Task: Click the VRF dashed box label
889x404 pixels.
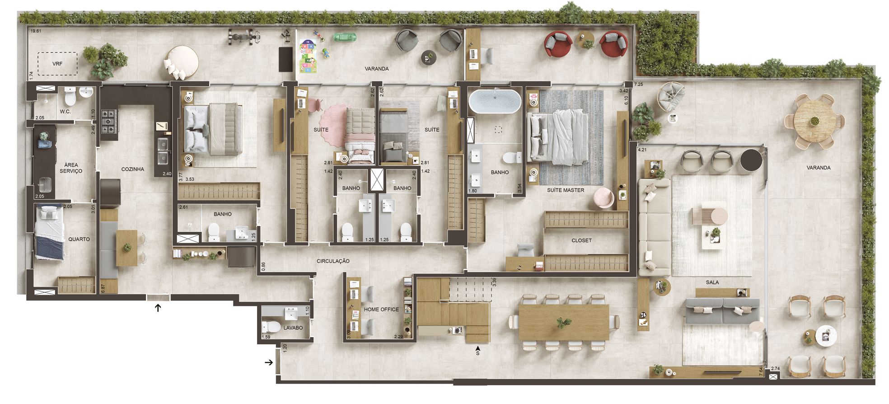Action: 57,64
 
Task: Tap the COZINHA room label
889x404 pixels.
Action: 133,169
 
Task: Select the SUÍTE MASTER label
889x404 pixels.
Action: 566,190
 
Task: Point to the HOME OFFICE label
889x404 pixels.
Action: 381,310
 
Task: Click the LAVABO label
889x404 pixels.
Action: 293,328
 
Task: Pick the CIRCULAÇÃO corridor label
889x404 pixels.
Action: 333,261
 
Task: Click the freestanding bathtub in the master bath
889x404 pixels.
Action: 495,101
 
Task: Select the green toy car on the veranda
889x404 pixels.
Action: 346,37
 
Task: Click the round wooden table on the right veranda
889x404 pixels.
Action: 814,121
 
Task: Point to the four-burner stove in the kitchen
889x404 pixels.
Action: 109,121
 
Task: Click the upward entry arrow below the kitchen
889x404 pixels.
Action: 158,308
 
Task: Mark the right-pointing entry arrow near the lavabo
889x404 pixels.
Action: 269,362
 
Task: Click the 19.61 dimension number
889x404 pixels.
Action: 36,31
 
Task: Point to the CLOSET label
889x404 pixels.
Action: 581,240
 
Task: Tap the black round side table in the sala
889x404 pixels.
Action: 751,160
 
